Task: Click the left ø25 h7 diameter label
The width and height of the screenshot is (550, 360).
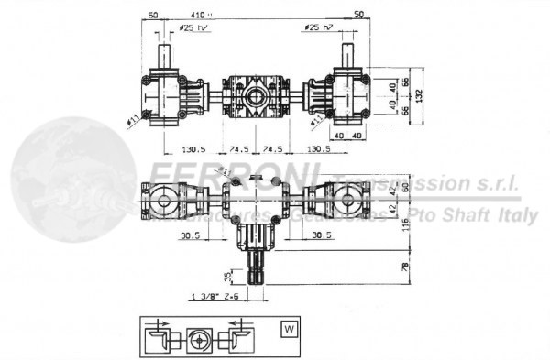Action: pyautogui.click(x=193, y=28)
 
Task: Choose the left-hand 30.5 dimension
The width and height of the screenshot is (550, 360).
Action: pyautogui.click(x=191, y=235)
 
